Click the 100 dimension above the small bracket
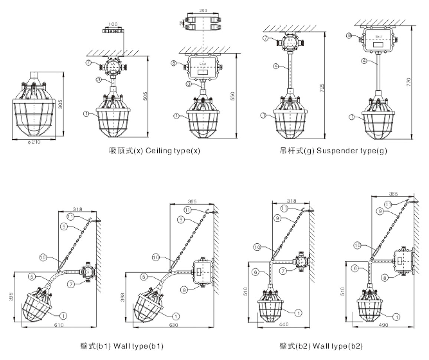coord(113,24)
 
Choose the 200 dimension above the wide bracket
coord(203,11)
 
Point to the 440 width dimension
coord(284,324)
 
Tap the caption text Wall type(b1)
coord(138,346)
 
